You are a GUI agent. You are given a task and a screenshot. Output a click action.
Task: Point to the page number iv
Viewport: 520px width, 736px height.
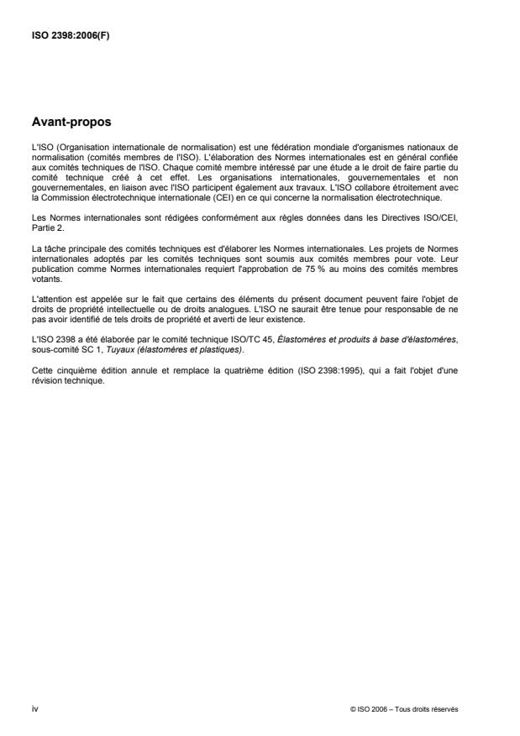(x=34, y=708)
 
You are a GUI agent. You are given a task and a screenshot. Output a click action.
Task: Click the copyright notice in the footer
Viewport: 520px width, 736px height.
(x=417, y=709)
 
